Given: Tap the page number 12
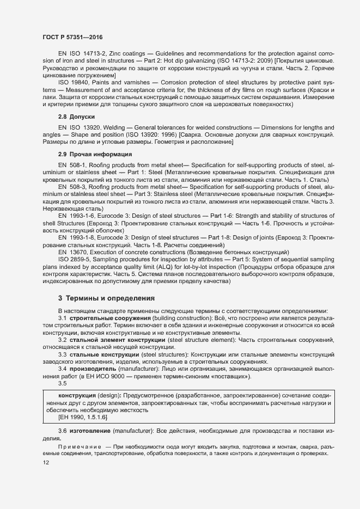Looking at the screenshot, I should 46,463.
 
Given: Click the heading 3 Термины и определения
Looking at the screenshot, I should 106,298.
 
